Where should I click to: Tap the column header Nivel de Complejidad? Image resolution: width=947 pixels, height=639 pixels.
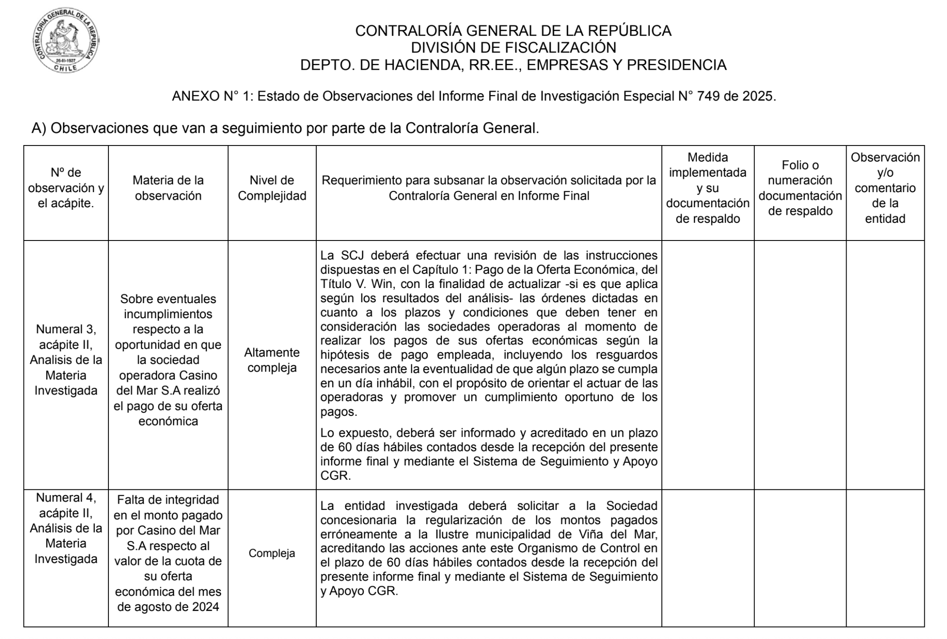[272, 188]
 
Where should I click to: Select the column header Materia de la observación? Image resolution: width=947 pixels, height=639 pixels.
[168, 188]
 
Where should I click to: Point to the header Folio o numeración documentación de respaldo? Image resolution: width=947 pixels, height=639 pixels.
[800, 188]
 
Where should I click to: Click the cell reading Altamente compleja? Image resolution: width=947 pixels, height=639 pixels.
[272, 360]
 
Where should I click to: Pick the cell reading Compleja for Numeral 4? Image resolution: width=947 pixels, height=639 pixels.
[272, 553]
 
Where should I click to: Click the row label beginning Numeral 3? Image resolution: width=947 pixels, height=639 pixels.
[66, 360]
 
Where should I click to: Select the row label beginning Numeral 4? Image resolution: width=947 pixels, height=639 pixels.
[66, 528]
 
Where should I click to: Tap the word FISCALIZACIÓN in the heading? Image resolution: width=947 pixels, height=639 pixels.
[550, 47]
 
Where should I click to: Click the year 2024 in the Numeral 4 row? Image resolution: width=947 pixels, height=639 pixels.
[205, 607]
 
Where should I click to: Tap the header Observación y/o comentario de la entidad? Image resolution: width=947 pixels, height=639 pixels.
[885, 188]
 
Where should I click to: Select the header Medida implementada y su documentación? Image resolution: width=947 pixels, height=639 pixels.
[708, 188]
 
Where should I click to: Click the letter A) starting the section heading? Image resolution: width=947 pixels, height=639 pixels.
[39, 128]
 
